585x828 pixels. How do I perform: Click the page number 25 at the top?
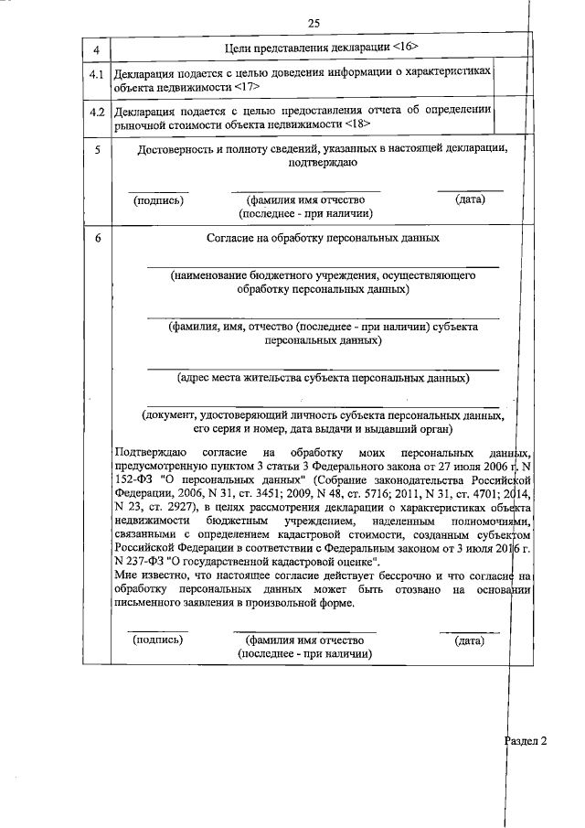(x=314, y=23)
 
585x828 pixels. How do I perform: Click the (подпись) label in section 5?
(x=158, y=199)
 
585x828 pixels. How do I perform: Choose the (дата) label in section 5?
(x=469, y=199)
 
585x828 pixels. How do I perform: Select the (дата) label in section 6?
(x=469, y=640)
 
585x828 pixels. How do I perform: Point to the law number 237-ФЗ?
(x=153, y=560)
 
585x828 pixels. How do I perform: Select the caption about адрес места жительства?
(x=323, y=377)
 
